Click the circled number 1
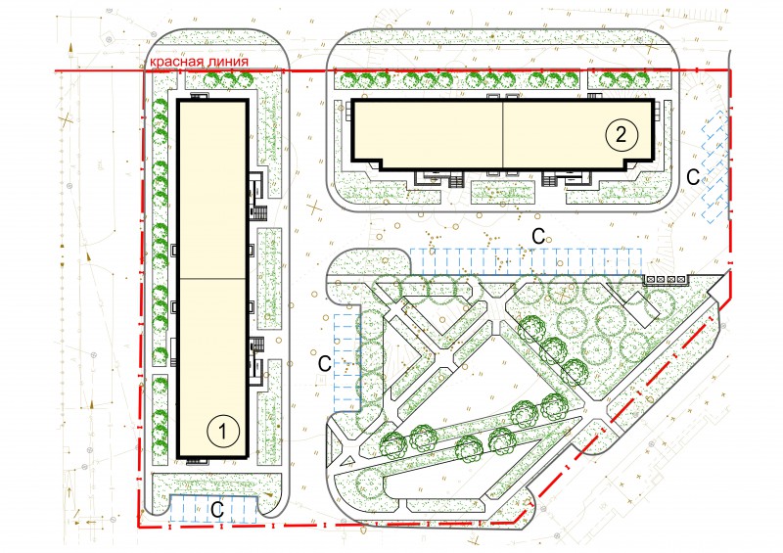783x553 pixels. click(x=223, y=432)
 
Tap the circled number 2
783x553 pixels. click(x=622, y=135)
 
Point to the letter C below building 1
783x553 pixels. click(x=217, y=510)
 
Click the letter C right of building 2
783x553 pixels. click(x=693, y=177)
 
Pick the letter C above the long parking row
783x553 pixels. click(x=538, y=236)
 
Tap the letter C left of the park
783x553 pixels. click(x=325, y=364)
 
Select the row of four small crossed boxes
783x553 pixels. click(x=666, y=279)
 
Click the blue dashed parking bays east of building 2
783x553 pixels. click(x=714, y=166)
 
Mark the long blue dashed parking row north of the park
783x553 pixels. click(x=526, y=261)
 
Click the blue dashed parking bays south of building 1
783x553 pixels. click(x=213, y=509)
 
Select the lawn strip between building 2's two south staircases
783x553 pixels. click(x=504, y=192)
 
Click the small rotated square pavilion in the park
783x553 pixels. click(x=635, y=304)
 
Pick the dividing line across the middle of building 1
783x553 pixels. click(x=212, y=279)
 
